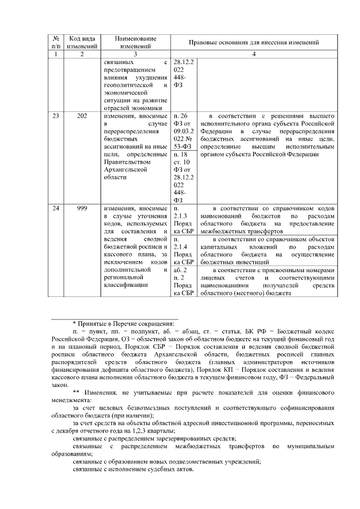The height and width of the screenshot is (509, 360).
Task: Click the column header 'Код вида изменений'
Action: pyautogui.click(x=82, y=42)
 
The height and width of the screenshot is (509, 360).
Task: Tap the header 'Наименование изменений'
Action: pyautogui.click(x=136, y=42)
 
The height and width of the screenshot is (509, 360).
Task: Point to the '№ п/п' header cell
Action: pyautogui.click(x=56, y=42)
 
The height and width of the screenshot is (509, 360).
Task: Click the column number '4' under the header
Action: pyautogui.click(x=255, y=54)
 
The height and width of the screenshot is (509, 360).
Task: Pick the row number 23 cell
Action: pyautogui.click(x=56, y=116)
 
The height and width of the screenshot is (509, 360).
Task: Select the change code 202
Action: pyautogui.click(x=82, y=116)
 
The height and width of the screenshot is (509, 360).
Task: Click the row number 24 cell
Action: pyautogui.click(x=56, y=208)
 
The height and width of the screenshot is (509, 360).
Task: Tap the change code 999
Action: pyautogui.click(x=82, y=208)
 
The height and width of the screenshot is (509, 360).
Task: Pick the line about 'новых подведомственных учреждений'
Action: pyautogui.click(x=166, y=462)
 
